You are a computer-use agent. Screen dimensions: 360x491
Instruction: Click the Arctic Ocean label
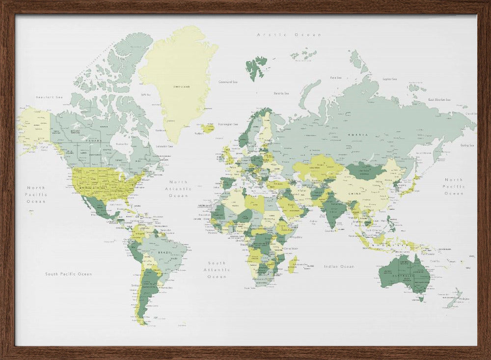(289, 35)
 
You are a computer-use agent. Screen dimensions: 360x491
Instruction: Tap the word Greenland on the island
(181, 87)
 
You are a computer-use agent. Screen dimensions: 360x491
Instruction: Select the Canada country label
(93, 141)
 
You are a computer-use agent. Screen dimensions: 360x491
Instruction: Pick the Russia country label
(357, 134)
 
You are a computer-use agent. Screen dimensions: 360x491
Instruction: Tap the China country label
(355, 193)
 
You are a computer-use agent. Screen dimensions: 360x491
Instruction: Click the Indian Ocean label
(339, 266)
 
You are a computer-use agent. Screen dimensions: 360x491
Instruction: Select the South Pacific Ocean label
(68, 274)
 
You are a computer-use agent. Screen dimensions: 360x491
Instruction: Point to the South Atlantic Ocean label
(217, 270)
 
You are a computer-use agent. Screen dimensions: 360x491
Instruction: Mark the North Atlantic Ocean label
(179, 189)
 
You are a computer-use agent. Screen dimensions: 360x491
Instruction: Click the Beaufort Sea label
(50, 97)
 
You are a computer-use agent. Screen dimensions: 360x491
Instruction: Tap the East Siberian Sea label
(439, 100)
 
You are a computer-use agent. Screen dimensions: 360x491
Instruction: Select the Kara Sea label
(336, 78)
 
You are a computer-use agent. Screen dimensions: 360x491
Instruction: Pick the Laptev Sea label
(389, 79)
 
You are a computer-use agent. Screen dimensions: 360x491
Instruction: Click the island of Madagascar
(293, 264)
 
